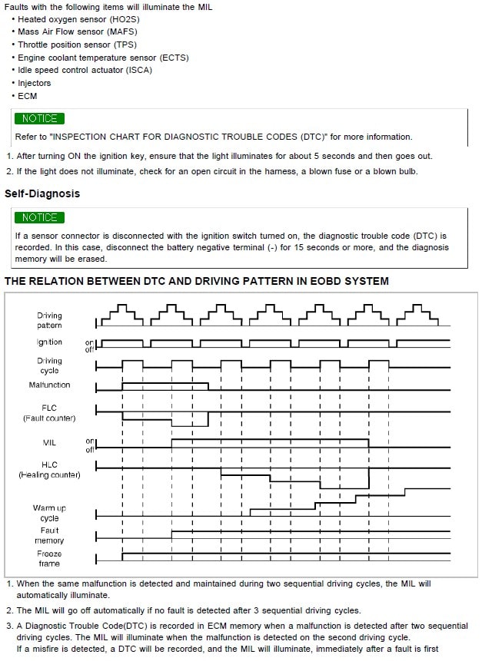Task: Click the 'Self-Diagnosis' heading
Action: pyautogui.click(x=42, y=193)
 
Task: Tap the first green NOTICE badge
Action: pyautogui.click(x=39, y=118)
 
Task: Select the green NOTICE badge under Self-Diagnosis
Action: pyautogui.click(x=39, y=217)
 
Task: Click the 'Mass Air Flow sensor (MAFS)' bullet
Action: pyautogui.click(x=79, y=31)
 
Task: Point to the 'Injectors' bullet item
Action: pyautogui.click(x=34, y=83)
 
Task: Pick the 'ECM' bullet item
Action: pyautogui.click(x=27, y=96)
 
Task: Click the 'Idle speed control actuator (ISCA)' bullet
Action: pyautogui.click(x=85, y=70)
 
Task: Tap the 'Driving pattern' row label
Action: pyautogui.click(x=50, y=321)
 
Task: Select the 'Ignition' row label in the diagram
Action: pyautogui.click(x=50, y=342)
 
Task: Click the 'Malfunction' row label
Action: pyautogui.click(x=50, y=385)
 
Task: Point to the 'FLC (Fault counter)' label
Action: pyautogui.click(x=50, y=413)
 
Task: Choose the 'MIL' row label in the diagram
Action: pyautogui.click(x=50, y=443)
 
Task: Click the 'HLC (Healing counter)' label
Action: pyautogui.click(x=50, y=470)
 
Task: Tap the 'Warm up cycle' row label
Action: pyautogui.click(x=50, y=513)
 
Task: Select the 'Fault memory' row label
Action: pyautogui.click(x=50, y=535)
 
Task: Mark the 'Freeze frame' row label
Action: pyautogui.click(x=50, y=558)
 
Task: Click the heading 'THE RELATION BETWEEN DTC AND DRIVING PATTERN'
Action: pyautogui.click(x=197, y=281)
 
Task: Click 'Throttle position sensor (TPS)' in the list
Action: pyautogui.click(x=79, y=45)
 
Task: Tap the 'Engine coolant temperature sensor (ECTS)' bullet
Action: pyautogui.click(x=103, y=58)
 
